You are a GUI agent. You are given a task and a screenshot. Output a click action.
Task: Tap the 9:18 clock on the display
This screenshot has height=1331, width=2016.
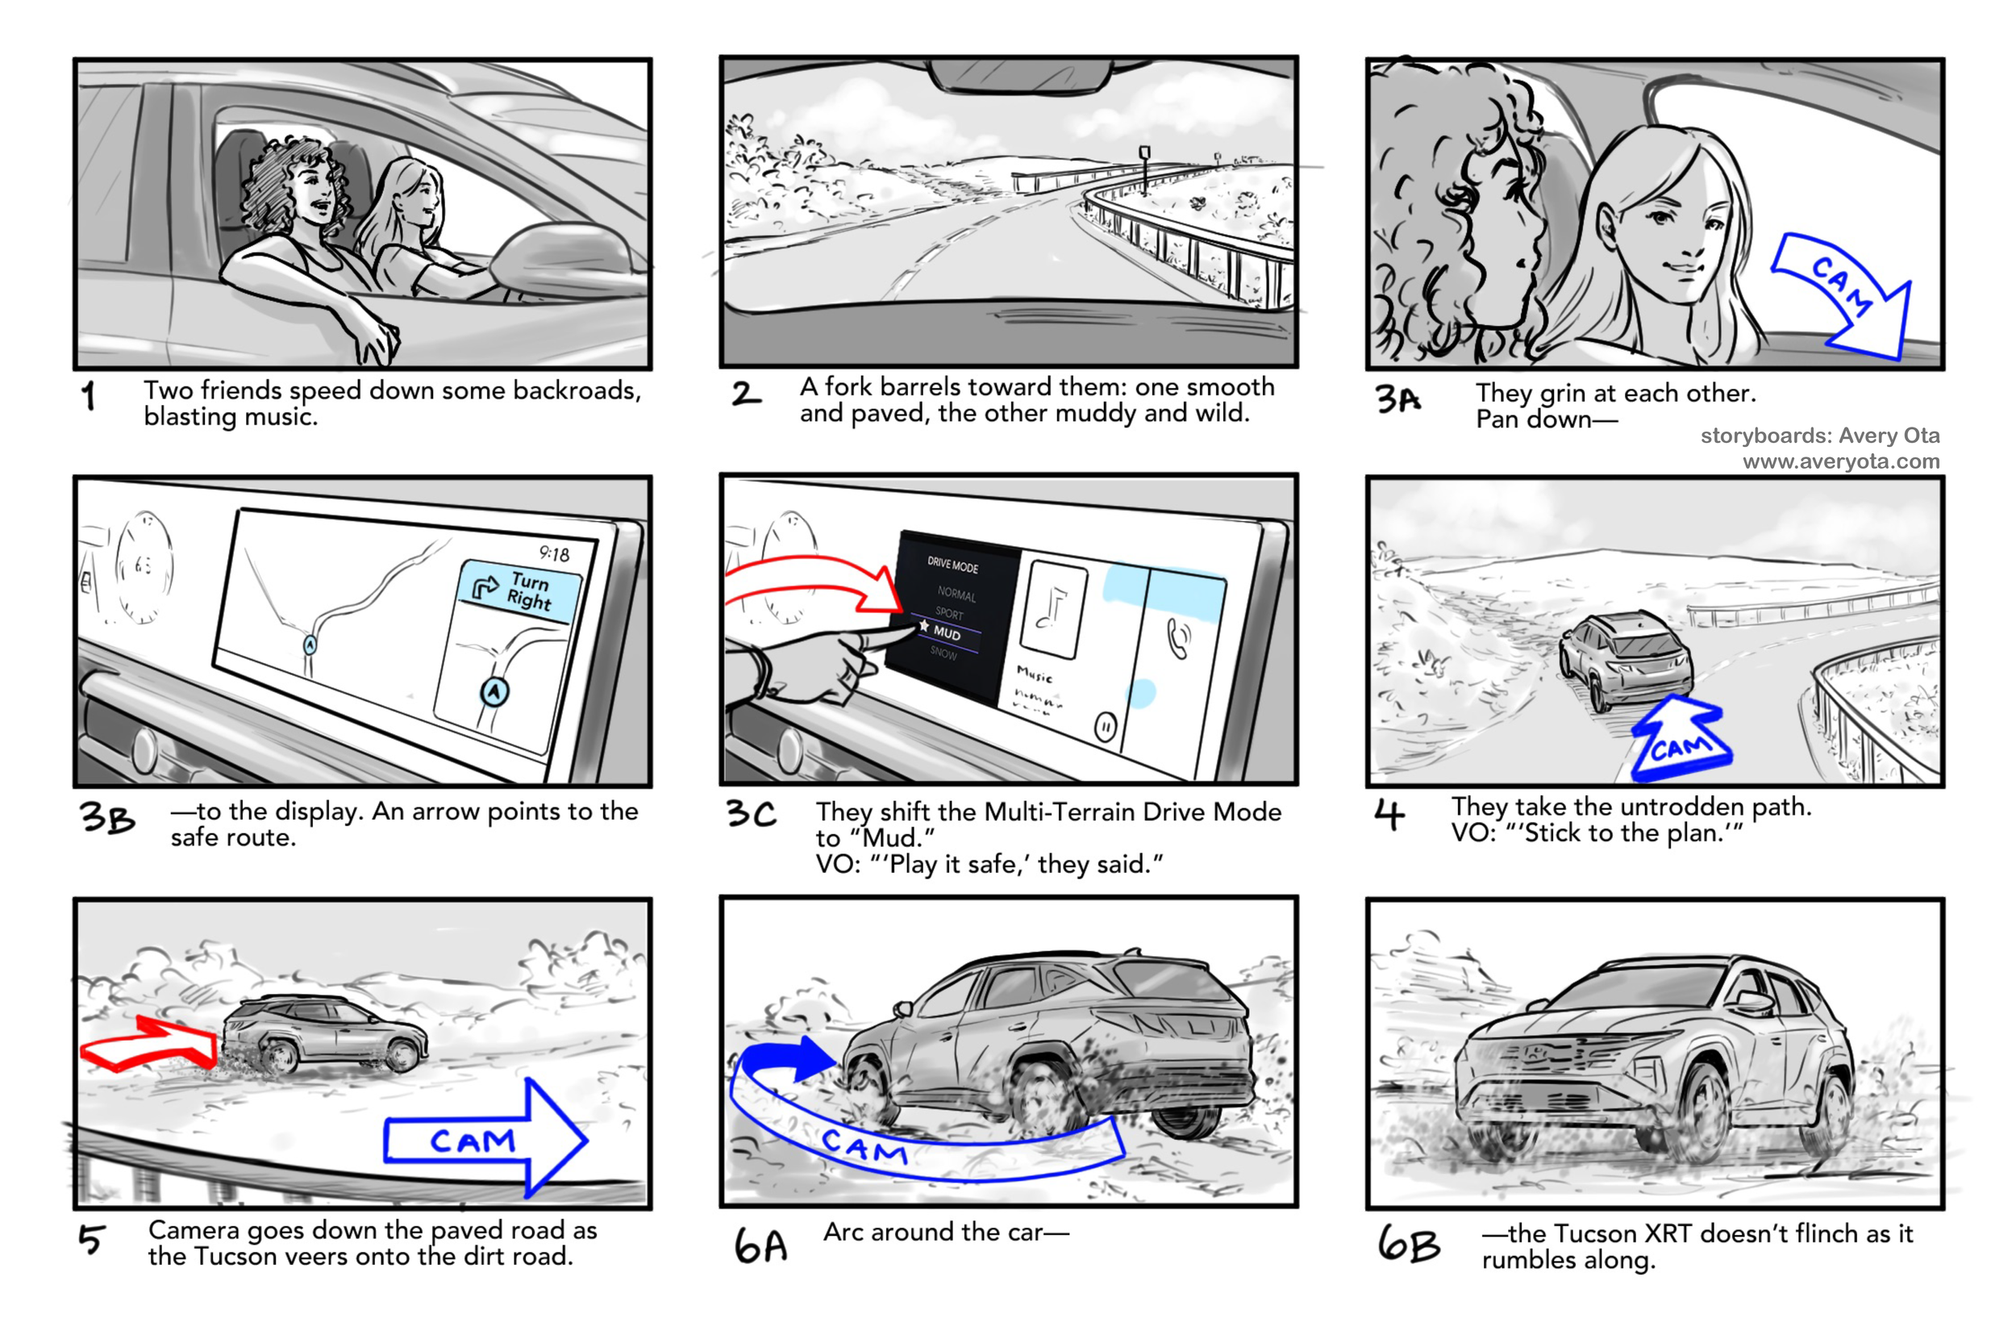coord(554,553)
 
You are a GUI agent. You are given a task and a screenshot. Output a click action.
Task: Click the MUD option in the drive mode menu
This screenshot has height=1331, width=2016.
coord(946,633)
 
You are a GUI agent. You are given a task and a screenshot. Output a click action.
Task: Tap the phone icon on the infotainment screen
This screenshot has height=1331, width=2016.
coord(1178,638)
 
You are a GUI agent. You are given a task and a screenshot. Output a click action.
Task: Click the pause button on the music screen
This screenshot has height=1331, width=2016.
coord(1105,727)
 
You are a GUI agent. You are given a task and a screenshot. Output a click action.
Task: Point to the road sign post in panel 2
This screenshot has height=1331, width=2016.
coord(1144,169)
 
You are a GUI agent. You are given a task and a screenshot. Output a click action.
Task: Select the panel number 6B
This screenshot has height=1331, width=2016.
coord(1409,1245)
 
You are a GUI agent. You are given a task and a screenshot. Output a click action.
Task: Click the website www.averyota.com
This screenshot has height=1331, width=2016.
coord(1840,461)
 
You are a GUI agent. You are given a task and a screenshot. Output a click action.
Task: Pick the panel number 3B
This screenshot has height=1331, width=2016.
coord(108,818)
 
